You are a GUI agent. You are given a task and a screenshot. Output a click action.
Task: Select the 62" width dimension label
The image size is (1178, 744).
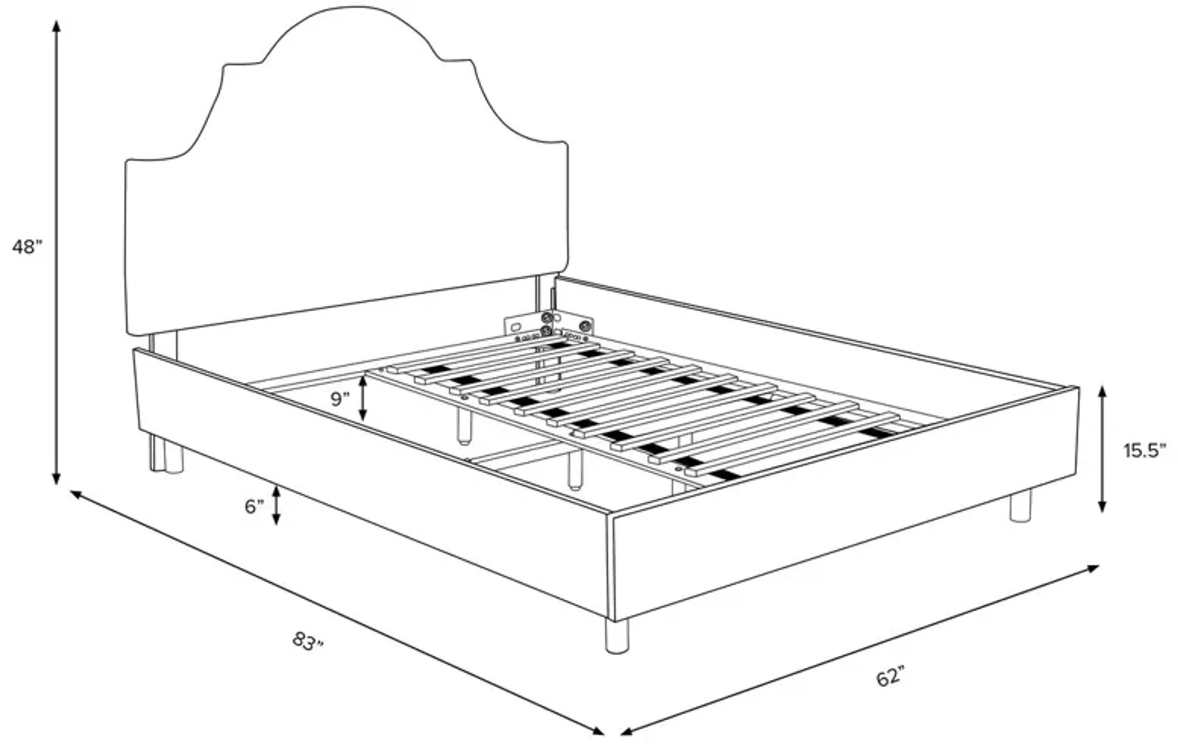[890, 678]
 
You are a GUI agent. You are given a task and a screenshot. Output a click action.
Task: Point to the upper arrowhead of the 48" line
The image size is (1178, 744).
[57, 25]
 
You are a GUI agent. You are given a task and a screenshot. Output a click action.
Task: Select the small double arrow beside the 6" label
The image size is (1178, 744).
[276, 506]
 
